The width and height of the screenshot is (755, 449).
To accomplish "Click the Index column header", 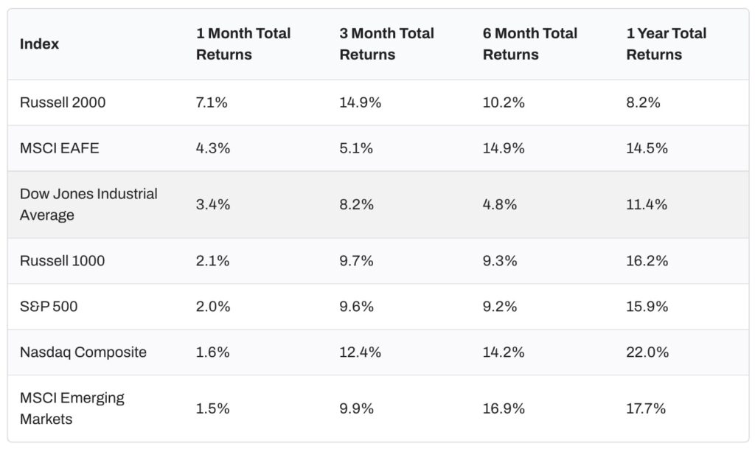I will (39, 44).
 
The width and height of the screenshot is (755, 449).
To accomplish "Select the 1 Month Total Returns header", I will (243, 44).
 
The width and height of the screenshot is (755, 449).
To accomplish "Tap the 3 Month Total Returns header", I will (386, 44).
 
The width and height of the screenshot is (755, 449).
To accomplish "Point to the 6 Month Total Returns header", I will (529, 44).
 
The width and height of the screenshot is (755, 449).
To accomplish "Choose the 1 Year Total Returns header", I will (666, 44).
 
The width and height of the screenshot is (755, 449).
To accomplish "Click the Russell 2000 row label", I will (63, 102).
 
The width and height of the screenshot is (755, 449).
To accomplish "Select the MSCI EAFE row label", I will (59, 148).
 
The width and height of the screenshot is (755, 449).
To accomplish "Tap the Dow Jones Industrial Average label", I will (88, 204).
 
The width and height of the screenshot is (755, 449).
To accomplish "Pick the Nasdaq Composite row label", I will (83, 352).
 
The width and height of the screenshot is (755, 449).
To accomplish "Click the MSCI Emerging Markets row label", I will (72, 408).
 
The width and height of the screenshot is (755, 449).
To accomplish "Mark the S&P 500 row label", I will (49, 306).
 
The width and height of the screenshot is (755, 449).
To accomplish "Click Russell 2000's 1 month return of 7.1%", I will (212, 102).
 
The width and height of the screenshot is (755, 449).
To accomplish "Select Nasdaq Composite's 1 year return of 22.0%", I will (647, 352).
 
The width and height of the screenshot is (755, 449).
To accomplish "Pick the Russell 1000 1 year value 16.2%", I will (647, 260).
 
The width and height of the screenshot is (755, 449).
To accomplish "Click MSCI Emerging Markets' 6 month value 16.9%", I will (504, 408).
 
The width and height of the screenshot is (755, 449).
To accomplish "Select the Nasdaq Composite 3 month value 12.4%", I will (361, 352).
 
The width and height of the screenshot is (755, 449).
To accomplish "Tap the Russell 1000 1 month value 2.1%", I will (212, 260).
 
